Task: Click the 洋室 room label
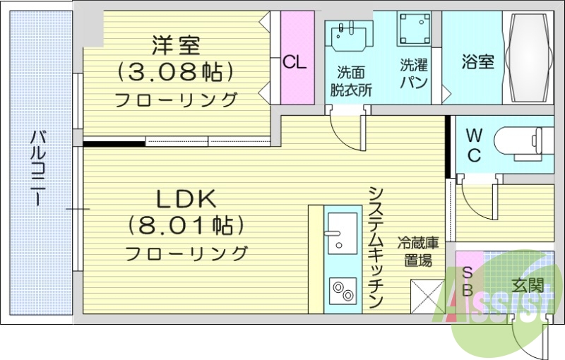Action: click(x=176, y=46)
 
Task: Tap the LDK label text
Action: click(x=186, y=200)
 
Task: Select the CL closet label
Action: click(x=295, y=62)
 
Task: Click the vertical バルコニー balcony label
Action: click(x=37, y=168)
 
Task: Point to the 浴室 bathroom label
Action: click(x=477, y=62)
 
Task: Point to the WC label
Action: click(x=474, y=144)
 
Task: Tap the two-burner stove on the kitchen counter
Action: click(x=343, y=289)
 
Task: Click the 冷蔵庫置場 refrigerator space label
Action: click(x=418, y=251)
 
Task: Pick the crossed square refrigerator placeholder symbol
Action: click(x=427, y=296)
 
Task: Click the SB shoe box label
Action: click(x=468, y=281)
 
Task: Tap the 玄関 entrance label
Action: click(x=527, y=286)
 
